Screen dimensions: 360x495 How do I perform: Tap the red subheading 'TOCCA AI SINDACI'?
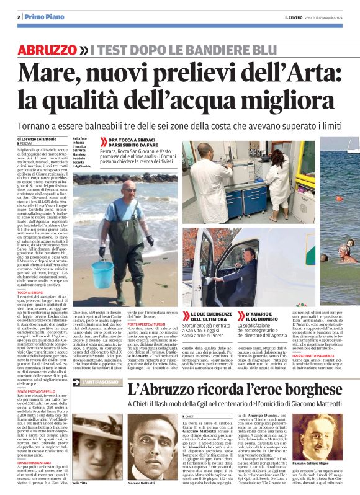pyautogui.click(x=31, y=292)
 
